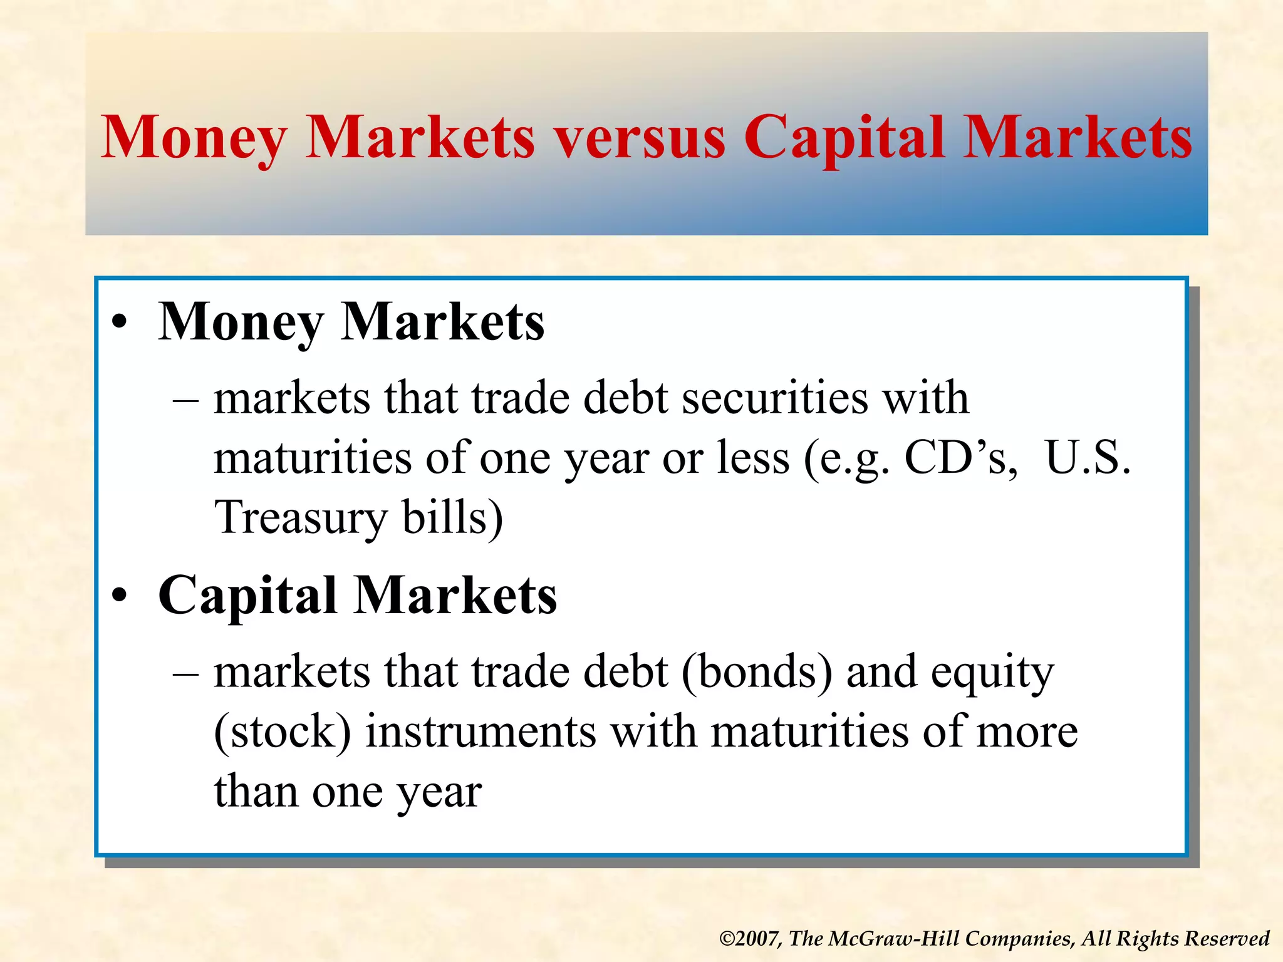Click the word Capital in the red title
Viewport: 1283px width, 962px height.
pyautogui.click(x=843, y=139)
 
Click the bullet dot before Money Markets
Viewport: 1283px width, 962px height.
pyautogui.click(x=120, y=323)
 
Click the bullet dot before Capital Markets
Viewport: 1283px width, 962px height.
pyautogui.click(x=120, y=596)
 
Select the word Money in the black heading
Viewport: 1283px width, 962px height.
pyautogui.click(x=241, y=323)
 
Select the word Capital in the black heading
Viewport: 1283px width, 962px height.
pyautogui.click(x=248, y=596)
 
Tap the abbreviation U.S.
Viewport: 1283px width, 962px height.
pyautogui.click(x=1088, y=458)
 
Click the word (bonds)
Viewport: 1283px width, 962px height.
pyautogui.click(x=757, y=672)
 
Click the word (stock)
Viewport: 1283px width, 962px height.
pyautogui.click(x=283, y=732)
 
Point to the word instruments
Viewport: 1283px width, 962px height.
pyautogui.click(x=480, y=732)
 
